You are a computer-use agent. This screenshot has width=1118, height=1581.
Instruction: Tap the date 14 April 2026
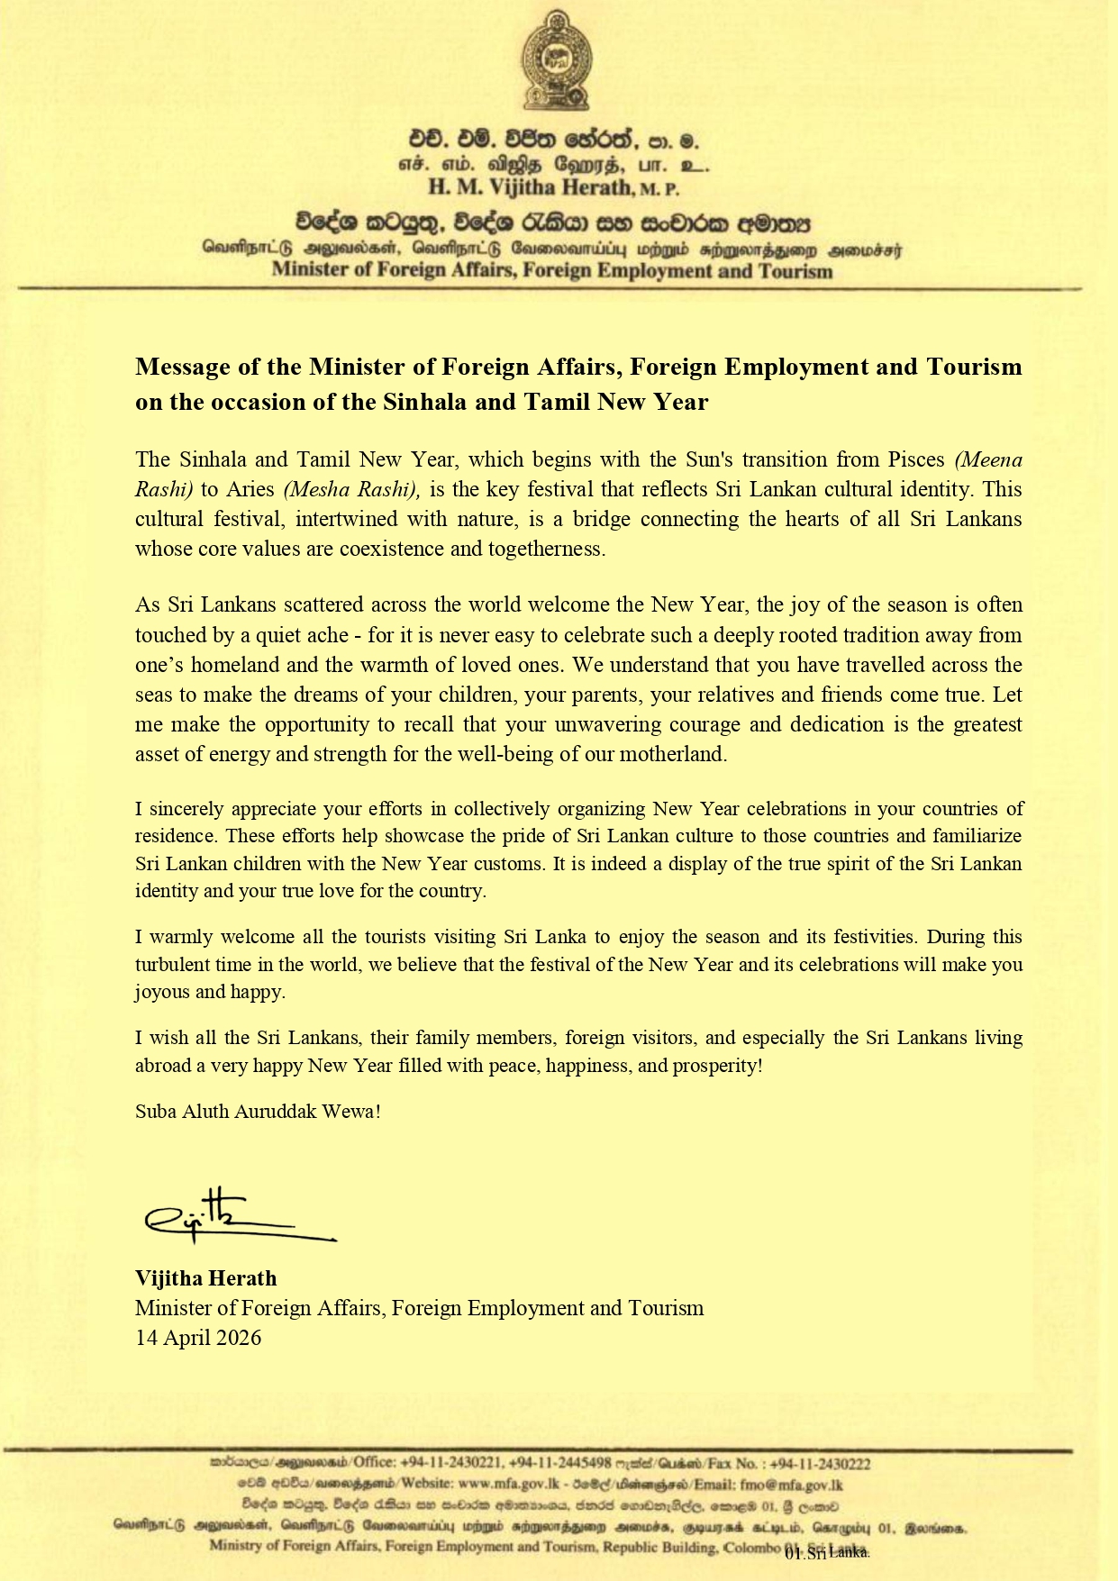tap(198, 1337)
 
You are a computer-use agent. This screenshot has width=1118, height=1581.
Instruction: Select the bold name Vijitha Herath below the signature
tap(205, 1277)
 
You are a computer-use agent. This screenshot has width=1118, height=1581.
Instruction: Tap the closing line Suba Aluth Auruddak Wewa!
tap(258, 1111)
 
